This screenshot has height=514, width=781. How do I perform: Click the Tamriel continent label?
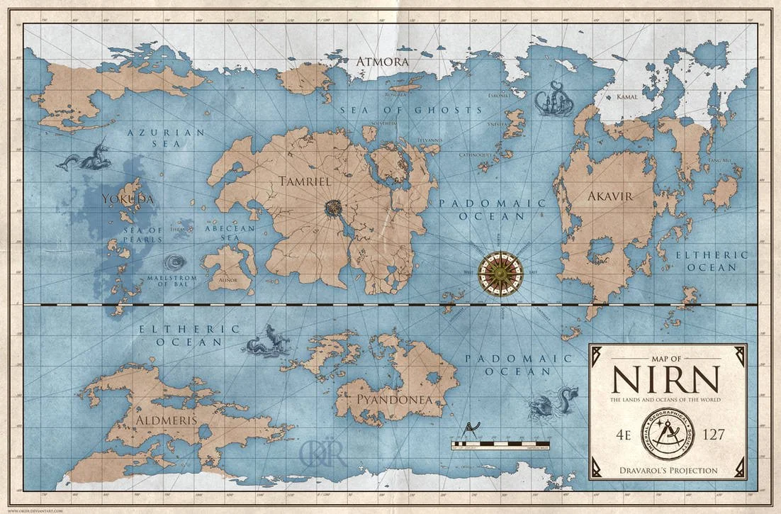305,181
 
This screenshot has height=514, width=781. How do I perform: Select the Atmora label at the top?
382,62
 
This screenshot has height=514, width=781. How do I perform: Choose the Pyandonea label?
394,400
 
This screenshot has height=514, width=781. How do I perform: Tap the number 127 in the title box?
711,435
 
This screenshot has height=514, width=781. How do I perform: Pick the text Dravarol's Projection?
667,470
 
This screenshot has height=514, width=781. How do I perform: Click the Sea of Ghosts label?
410,110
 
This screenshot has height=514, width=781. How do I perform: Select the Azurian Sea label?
164,138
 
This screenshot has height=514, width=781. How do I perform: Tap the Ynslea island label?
498,123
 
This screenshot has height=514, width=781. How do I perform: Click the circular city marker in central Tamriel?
333,208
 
